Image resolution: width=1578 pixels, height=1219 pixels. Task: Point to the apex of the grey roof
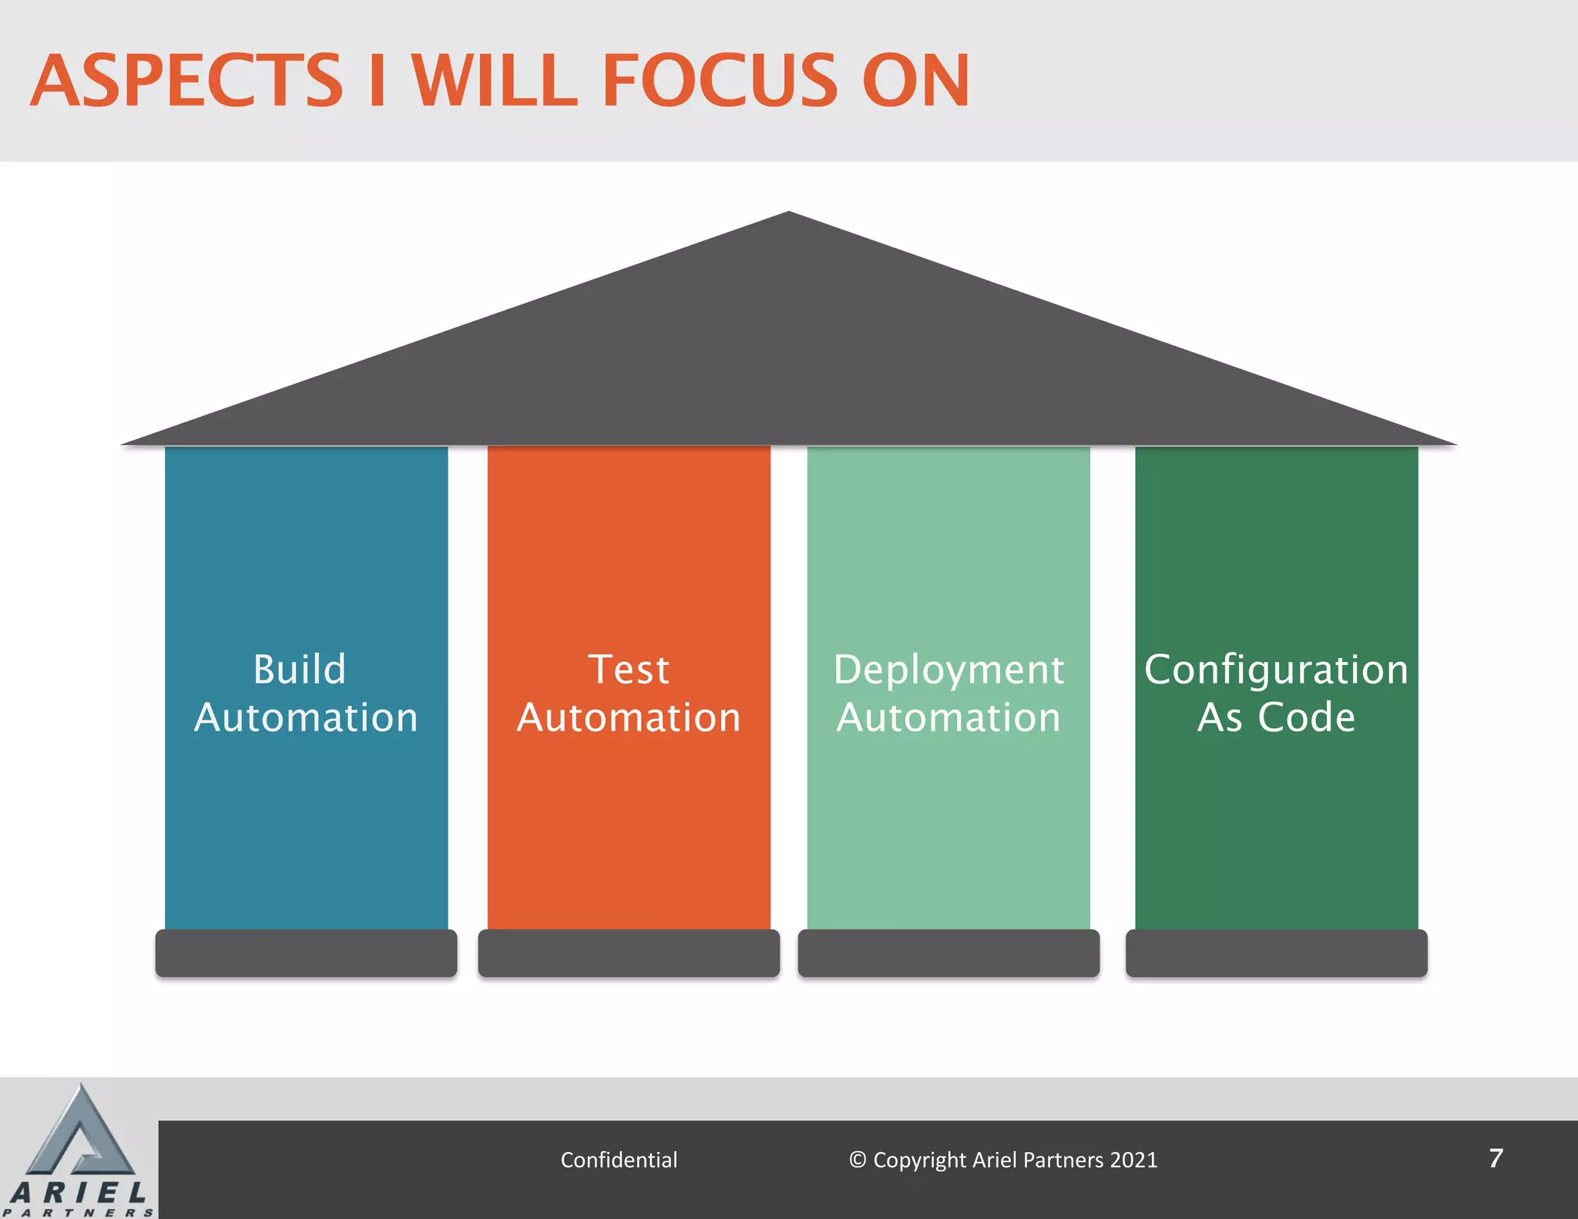click(x=789, y=216)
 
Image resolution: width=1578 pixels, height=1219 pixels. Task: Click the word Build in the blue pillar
click(x=300, y=669)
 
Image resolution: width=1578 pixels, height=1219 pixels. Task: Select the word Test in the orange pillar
click(x=629, y=669)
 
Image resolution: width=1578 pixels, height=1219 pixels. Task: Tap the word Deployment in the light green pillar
click(x=948, y=670)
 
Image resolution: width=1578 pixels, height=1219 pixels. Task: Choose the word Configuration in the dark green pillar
click(x=1276, y=670)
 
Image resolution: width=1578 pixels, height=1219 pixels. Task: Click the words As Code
click(x=1276, y=717)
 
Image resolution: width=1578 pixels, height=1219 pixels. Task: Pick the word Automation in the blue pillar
click(x=306, y=717)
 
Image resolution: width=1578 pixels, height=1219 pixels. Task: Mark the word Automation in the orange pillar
click(x=629, y=717)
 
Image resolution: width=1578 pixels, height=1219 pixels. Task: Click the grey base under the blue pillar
click(x=306, y=953)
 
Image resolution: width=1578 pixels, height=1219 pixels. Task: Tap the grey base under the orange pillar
click(x=629, y=953)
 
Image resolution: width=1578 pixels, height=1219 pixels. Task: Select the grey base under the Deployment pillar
click(x=948, y=953)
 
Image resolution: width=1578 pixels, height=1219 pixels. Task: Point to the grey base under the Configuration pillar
click(x=1276, y=953)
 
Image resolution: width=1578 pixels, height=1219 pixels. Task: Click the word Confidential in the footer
click(x=619, y=1160)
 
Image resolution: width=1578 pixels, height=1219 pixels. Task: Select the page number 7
click(x=1496, y=1158)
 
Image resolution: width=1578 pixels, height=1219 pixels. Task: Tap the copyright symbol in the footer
click(x=858, y=1160)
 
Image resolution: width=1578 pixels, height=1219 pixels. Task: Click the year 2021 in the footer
click(x=1133, y=1160)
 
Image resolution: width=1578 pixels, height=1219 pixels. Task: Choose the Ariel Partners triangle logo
click(x=79, y=1133)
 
